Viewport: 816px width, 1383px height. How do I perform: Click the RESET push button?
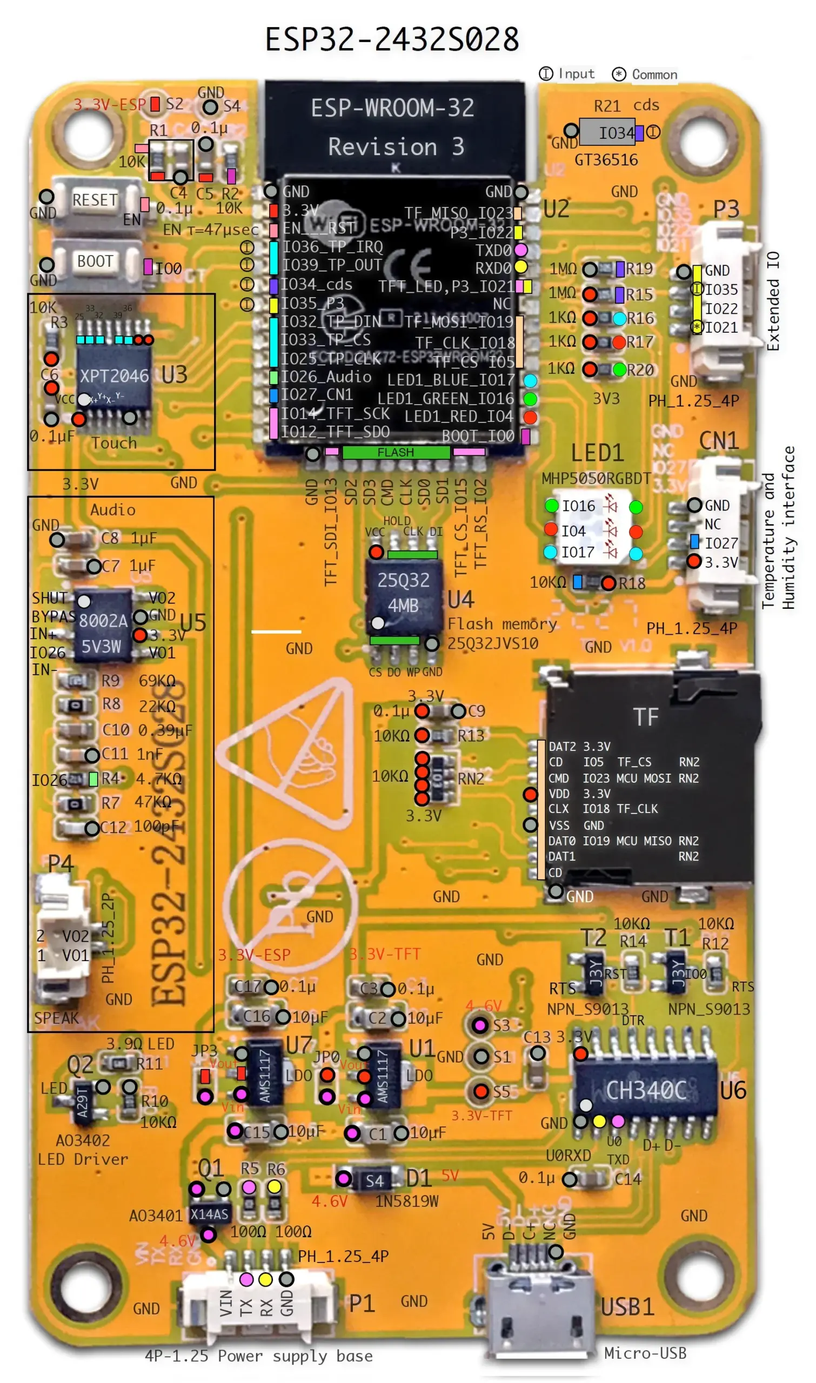click(x=95, y=200)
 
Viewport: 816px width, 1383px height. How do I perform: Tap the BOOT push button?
click(x=95, y=261)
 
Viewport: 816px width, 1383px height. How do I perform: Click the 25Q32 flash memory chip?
click(x=403, y=593)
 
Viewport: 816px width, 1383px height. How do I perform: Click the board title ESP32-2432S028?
click(x=392, y=39)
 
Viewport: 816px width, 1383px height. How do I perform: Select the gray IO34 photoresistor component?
click(x=607, y=132)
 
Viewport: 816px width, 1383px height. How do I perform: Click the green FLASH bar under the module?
click(x=396, y=452)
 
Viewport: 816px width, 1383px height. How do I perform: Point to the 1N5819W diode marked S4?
click(x=374, y=1181)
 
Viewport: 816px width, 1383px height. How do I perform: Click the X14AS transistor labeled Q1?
click(x=210, y=1214)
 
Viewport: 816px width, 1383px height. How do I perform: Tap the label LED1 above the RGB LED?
click(x=597, y=453)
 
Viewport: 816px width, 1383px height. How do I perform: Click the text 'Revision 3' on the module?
click(x=396, y=147)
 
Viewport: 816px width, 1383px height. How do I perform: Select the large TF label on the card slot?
click(x=646, y=717)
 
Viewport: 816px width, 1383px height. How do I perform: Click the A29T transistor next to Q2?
click(x=83, y=1101)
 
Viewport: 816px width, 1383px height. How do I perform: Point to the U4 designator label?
click(x=461, y=600)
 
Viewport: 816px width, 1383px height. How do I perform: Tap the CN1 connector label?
click(x=718, y=441)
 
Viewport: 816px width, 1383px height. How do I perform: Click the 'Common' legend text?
click(x=654, y=75)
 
